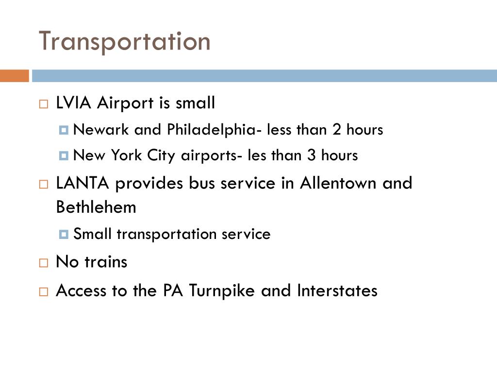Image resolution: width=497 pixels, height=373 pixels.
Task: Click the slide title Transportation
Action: pyautogui.click(x=125, y=41)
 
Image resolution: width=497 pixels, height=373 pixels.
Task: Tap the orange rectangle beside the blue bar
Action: pyautogui.click(x=14, y=76)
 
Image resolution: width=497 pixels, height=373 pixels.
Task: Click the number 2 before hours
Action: pyautogui.click(x=337, y=130)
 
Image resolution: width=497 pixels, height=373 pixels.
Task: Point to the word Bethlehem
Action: pyautogui.click(x=96, y=207)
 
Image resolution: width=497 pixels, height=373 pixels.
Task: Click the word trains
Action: pyautogui.click(x=106, y=262)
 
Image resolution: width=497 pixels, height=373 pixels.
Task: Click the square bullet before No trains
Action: pyautogui.click(x=44, y=263)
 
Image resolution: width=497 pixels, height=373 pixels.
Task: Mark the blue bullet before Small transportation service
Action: pyautogui.click(x=64, y=235)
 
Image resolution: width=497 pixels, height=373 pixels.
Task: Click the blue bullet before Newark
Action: pyautogui.click(x=64, y=130)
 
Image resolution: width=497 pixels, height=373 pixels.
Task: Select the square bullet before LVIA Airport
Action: pyautogui.click(x=44, y=104)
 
